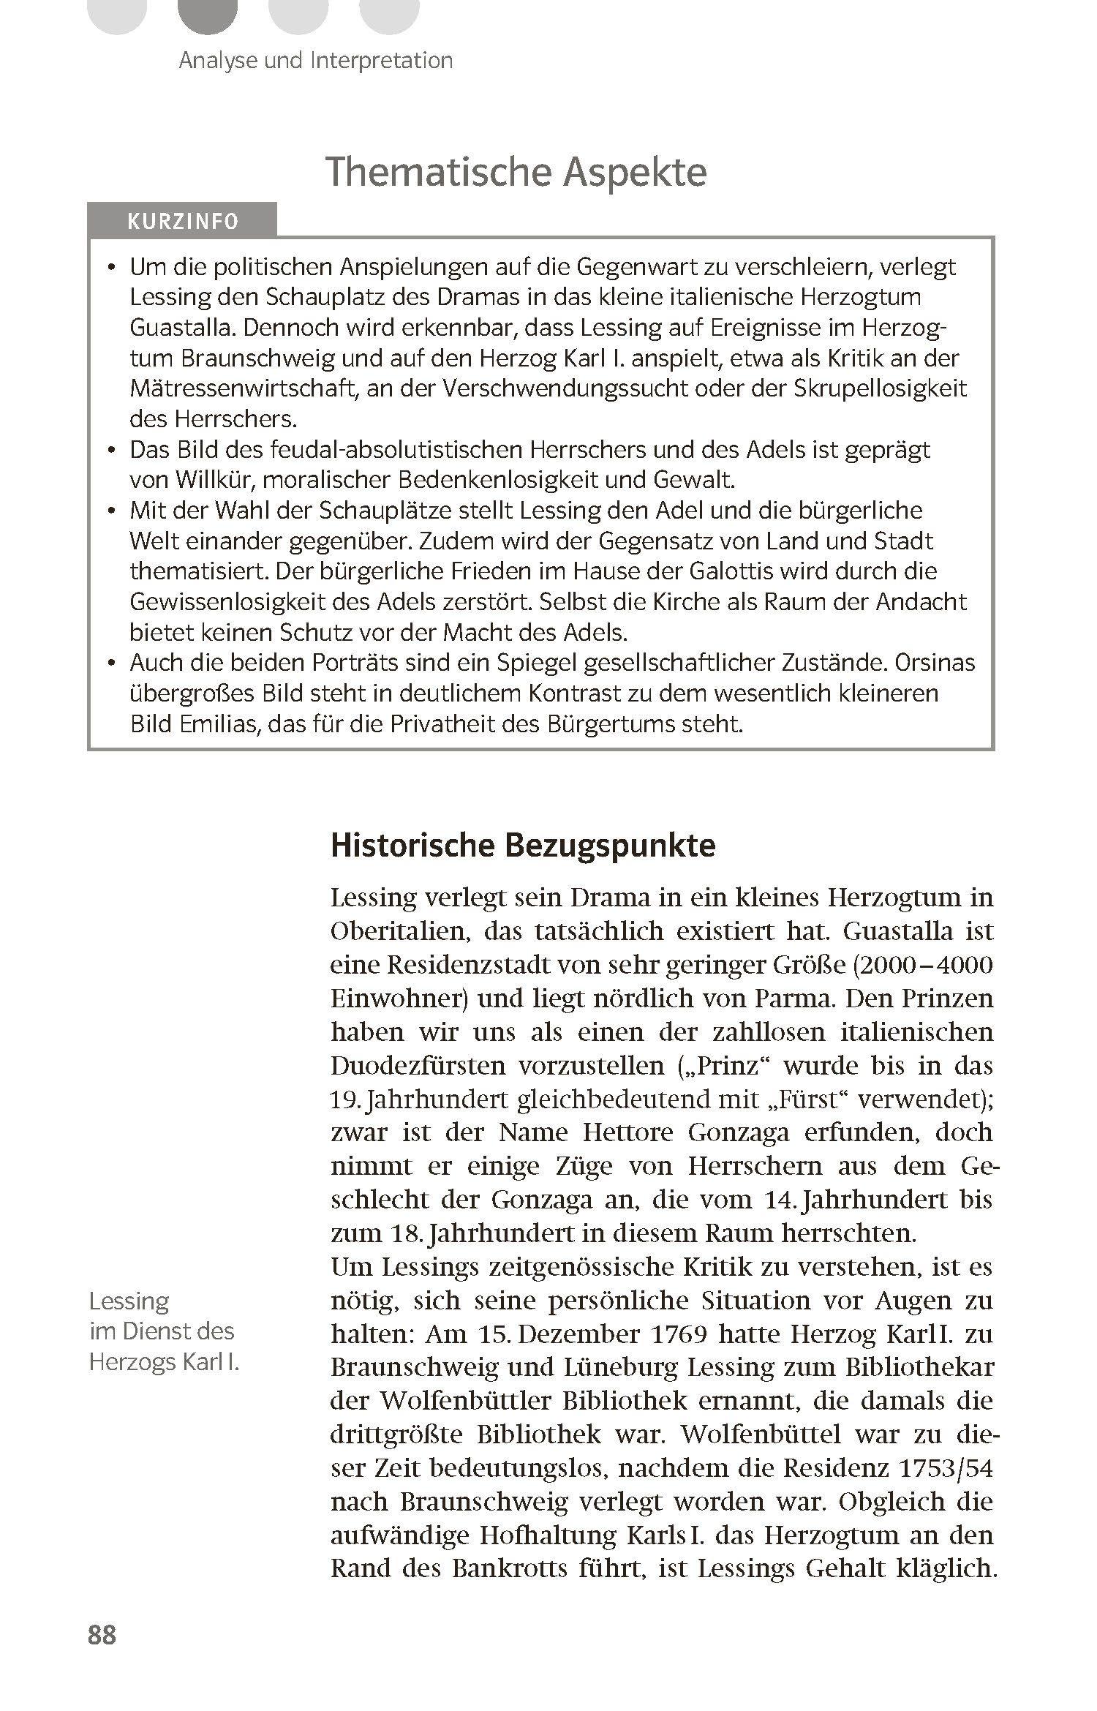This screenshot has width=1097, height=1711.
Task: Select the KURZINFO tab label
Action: tap(183, 221)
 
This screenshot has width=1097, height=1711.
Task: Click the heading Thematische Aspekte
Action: tap(517, 173)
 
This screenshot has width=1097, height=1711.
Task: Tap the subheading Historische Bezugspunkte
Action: tap(523, 845)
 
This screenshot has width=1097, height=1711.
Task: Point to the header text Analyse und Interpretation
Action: tap(315, 60)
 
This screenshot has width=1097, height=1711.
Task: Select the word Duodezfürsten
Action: tap(418, 1066)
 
